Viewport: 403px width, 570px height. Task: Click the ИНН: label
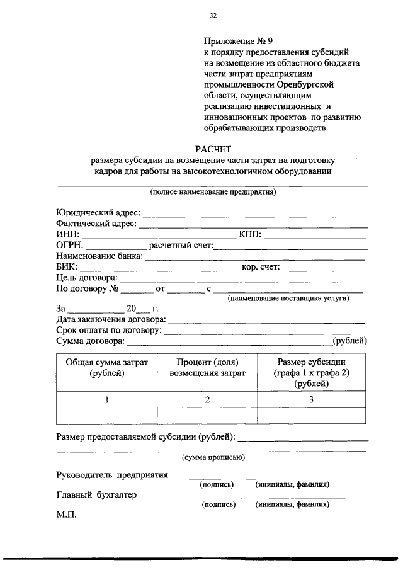click(68, 234)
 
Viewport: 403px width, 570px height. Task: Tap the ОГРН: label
click(70, 245)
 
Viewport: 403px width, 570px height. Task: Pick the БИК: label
click(67, 266)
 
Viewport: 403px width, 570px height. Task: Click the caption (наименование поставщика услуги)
click(288, 299)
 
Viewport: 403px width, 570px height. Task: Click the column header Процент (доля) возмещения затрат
click(207, 367)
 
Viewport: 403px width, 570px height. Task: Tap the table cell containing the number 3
click(310, 400)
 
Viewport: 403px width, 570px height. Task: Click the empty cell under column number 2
click(207, 416)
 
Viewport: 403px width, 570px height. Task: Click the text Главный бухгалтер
click(96, 495)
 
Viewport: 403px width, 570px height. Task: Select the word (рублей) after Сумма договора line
click(349, 341)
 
